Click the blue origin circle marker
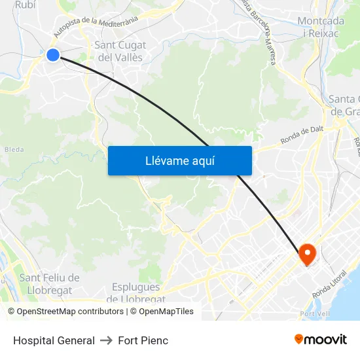pyautogui.click(x=53, y=55)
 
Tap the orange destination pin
pyautogui.click(x=307, y=254)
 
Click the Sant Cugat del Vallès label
pyautogui.click(x=120, y=51)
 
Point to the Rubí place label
pyautogui.click(x=25, y=5)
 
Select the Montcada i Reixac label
pyautogui.click(x=321, y=27)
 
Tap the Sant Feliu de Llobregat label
pyautogui.click(x=49, y=283)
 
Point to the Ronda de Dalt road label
pyautogui.click(x=302, y=135)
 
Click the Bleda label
pyautogui.click(x=14, y=149)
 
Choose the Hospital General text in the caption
pyautogui.click(x=54, y=340)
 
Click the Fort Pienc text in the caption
pyautogui.click(x=143, y=340)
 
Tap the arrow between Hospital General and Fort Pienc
pyautogui.click(x=106, y=340)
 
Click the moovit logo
pyautogui.click(x=321, y=339)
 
